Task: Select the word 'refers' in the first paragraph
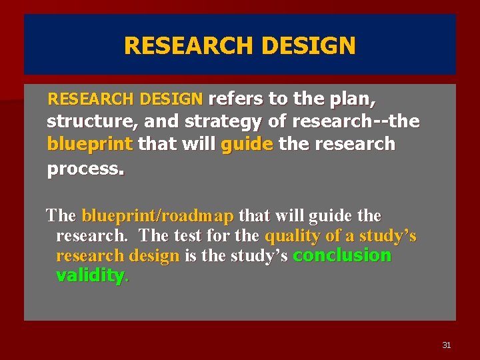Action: (236, 99)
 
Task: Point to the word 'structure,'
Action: (83, 122)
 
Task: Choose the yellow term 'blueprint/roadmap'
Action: (157, 216)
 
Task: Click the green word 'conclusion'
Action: (342, 255)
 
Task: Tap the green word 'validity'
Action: (90, 276)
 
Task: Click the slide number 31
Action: (446, 345)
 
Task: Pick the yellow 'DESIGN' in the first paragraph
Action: (171, 99)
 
